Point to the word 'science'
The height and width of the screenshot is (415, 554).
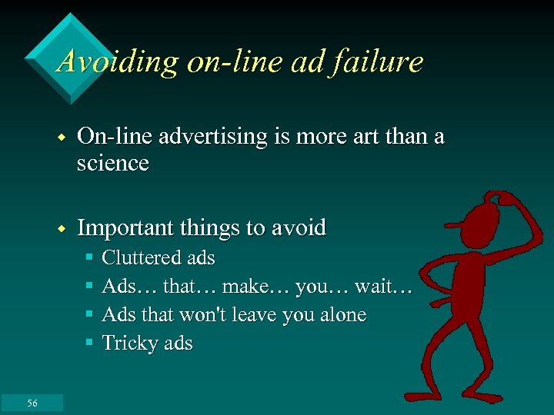point(113,163)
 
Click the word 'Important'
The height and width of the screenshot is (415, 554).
point(126,228)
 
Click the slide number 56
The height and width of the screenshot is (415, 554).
point(32,403)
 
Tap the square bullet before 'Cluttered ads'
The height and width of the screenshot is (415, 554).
point(90,257)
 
